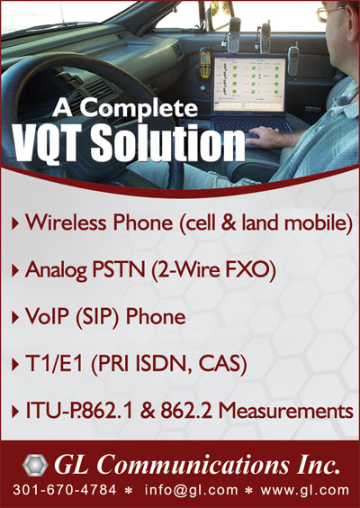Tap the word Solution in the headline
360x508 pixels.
[x=167, y=143]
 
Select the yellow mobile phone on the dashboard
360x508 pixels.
[x=205, y=63]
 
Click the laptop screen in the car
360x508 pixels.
[x=249, y=85]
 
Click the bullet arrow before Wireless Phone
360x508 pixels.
[x=15, y=223]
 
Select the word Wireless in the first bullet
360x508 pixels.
[x=66, y=222]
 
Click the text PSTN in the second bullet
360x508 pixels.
[x=119, y=270]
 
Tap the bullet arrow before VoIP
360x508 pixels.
[x=15, y=318]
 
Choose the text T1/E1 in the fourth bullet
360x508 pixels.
[x=56, y=364]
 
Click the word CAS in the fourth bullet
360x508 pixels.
[x=222, y=365]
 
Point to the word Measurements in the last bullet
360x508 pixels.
[x=285, y=412]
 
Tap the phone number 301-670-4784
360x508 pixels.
[x=65, y=490]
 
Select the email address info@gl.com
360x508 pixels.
[x=191, y=491]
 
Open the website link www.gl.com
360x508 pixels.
[x=305, y=491]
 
